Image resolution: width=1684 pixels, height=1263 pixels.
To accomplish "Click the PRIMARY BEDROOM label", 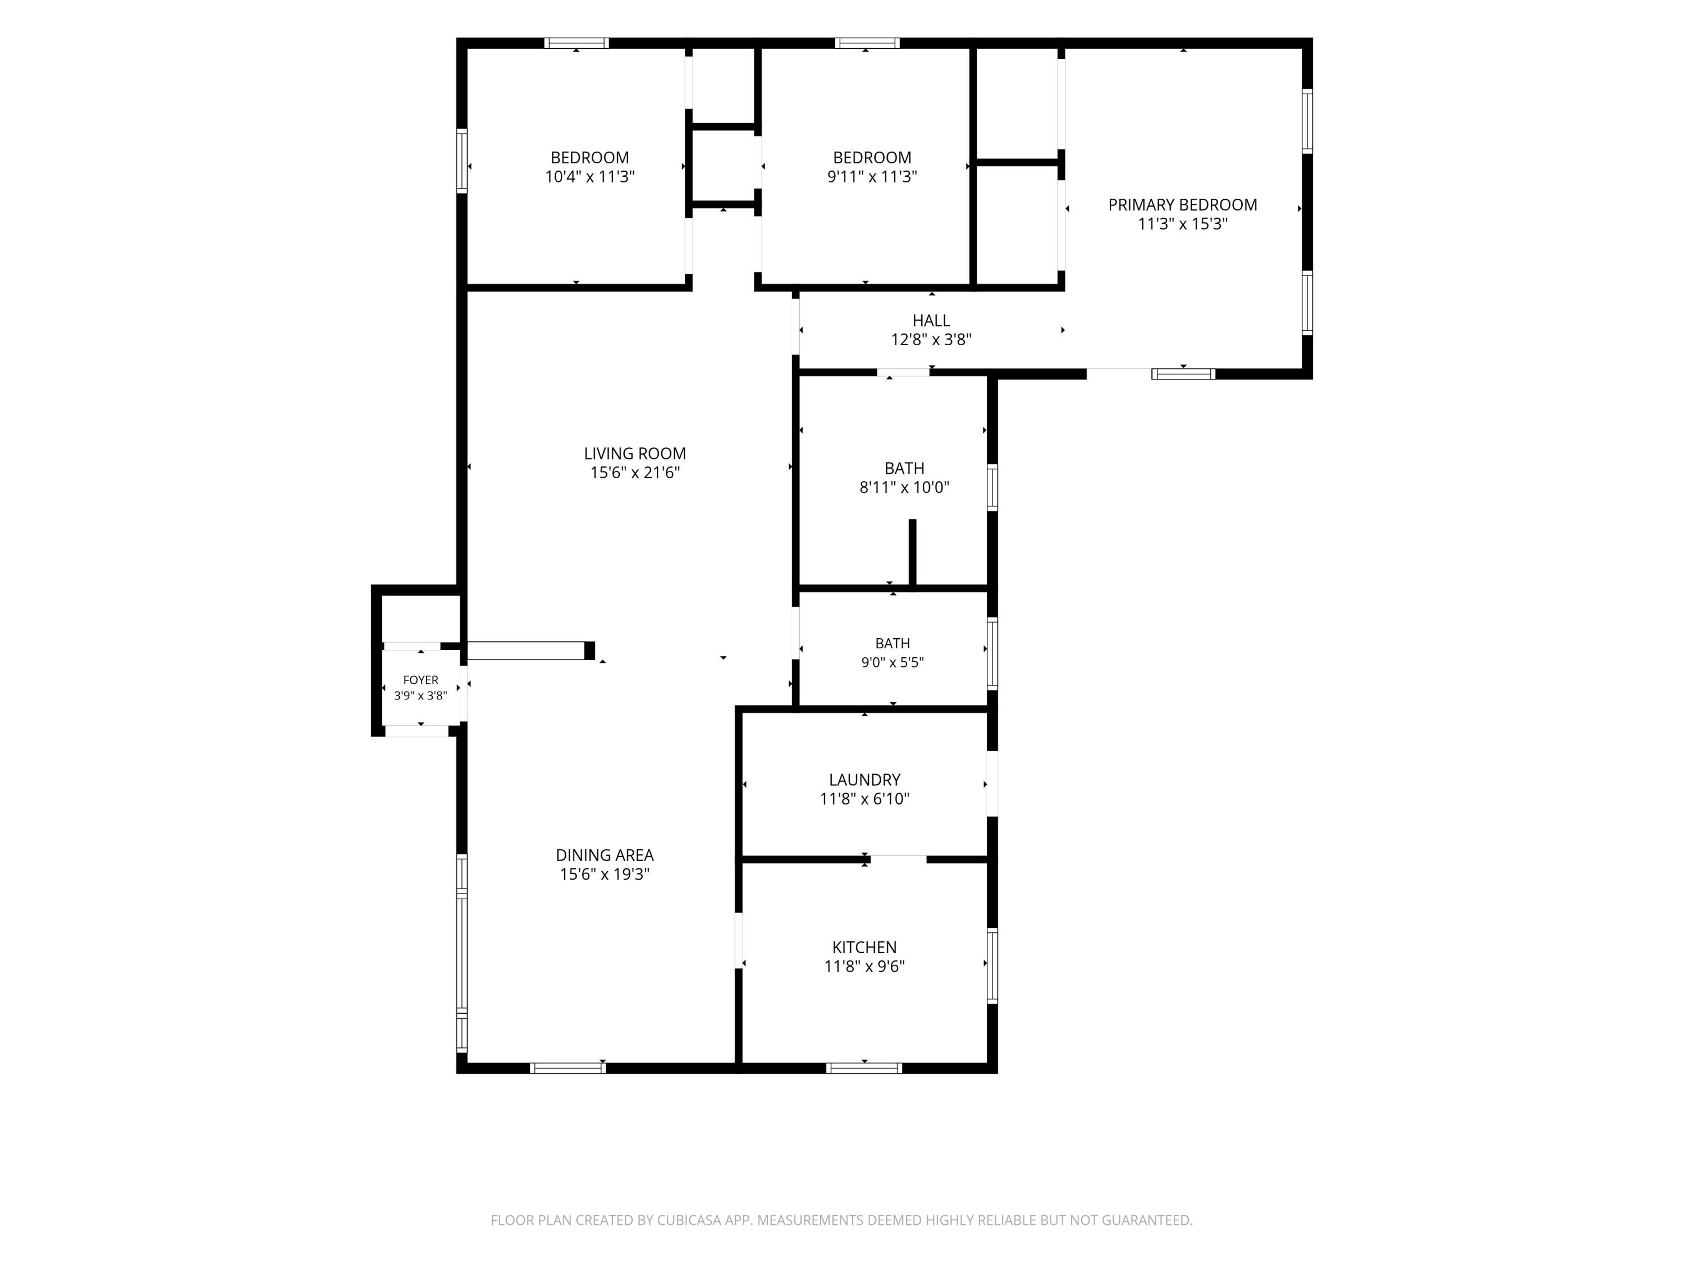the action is point(1182,205).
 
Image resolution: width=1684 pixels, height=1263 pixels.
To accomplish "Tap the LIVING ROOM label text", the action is point(635,454).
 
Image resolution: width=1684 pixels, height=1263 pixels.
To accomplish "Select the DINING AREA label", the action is point(605,855).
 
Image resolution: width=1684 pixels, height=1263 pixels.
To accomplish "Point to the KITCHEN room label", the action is point(864,948).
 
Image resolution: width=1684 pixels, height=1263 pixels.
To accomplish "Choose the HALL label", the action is point(932,321).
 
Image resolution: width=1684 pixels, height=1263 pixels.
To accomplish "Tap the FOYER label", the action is point(420,680).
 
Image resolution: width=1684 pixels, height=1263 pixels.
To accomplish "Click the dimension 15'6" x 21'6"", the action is point(635,473).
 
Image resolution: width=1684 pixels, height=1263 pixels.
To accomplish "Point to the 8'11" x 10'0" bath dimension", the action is point(904,488).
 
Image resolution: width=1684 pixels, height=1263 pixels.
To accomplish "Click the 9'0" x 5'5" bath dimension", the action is point(893,662).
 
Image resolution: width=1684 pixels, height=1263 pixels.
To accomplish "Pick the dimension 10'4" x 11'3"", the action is point(590,177).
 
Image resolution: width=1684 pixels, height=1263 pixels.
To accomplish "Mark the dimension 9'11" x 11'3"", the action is point(872,177).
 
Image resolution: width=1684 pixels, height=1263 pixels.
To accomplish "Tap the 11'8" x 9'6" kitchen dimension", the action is point(864,967).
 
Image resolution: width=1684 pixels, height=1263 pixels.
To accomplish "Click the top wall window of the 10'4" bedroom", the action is point(576,43).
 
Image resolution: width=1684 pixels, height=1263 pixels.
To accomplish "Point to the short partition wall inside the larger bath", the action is point(912,553).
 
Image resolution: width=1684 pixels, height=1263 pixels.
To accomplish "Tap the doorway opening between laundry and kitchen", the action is point(898,859).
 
